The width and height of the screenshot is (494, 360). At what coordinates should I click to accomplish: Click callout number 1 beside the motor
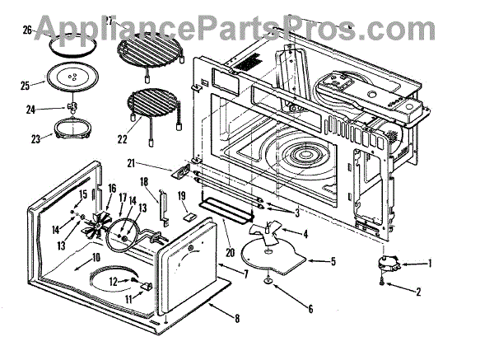pyautogui.click(x=429, y=264)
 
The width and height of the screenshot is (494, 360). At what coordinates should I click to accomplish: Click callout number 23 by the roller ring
pyautogui.click(x=35, y=139)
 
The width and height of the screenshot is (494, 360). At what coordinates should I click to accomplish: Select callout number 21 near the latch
pyautogui.click(x=154, y=166)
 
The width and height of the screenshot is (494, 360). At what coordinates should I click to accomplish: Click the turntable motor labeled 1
pyautogui.click(x=389, y=264)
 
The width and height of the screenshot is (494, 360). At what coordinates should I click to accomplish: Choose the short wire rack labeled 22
pyautogui.click(x=153, y=111)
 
